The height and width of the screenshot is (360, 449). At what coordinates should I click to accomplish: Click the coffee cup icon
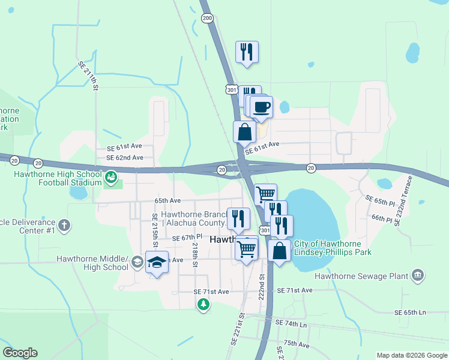point(261,108)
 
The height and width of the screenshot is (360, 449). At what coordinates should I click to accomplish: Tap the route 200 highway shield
point(208,19)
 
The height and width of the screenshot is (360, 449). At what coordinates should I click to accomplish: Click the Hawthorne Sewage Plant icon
point(418,276)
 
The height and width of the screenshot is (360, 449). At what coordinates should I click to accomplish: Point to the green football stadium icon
point(111,177)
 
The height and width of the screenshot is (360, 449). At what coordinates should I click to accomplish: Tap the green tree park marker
point(204,305)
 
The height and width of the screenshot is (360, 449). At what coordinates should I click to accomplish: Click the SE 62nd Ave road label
point(125,158)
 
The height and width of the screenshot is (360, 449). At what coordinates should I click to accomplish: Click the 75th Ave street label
point(296,344)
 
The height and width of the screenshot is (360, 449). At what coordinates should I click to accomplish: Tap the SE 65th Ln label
point(410,313)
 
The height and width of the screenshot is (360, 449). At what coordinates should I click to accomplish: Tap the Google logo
point(20,353)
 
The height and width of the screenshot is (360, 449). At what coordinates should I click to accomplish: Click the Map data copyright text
point(411,355)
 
